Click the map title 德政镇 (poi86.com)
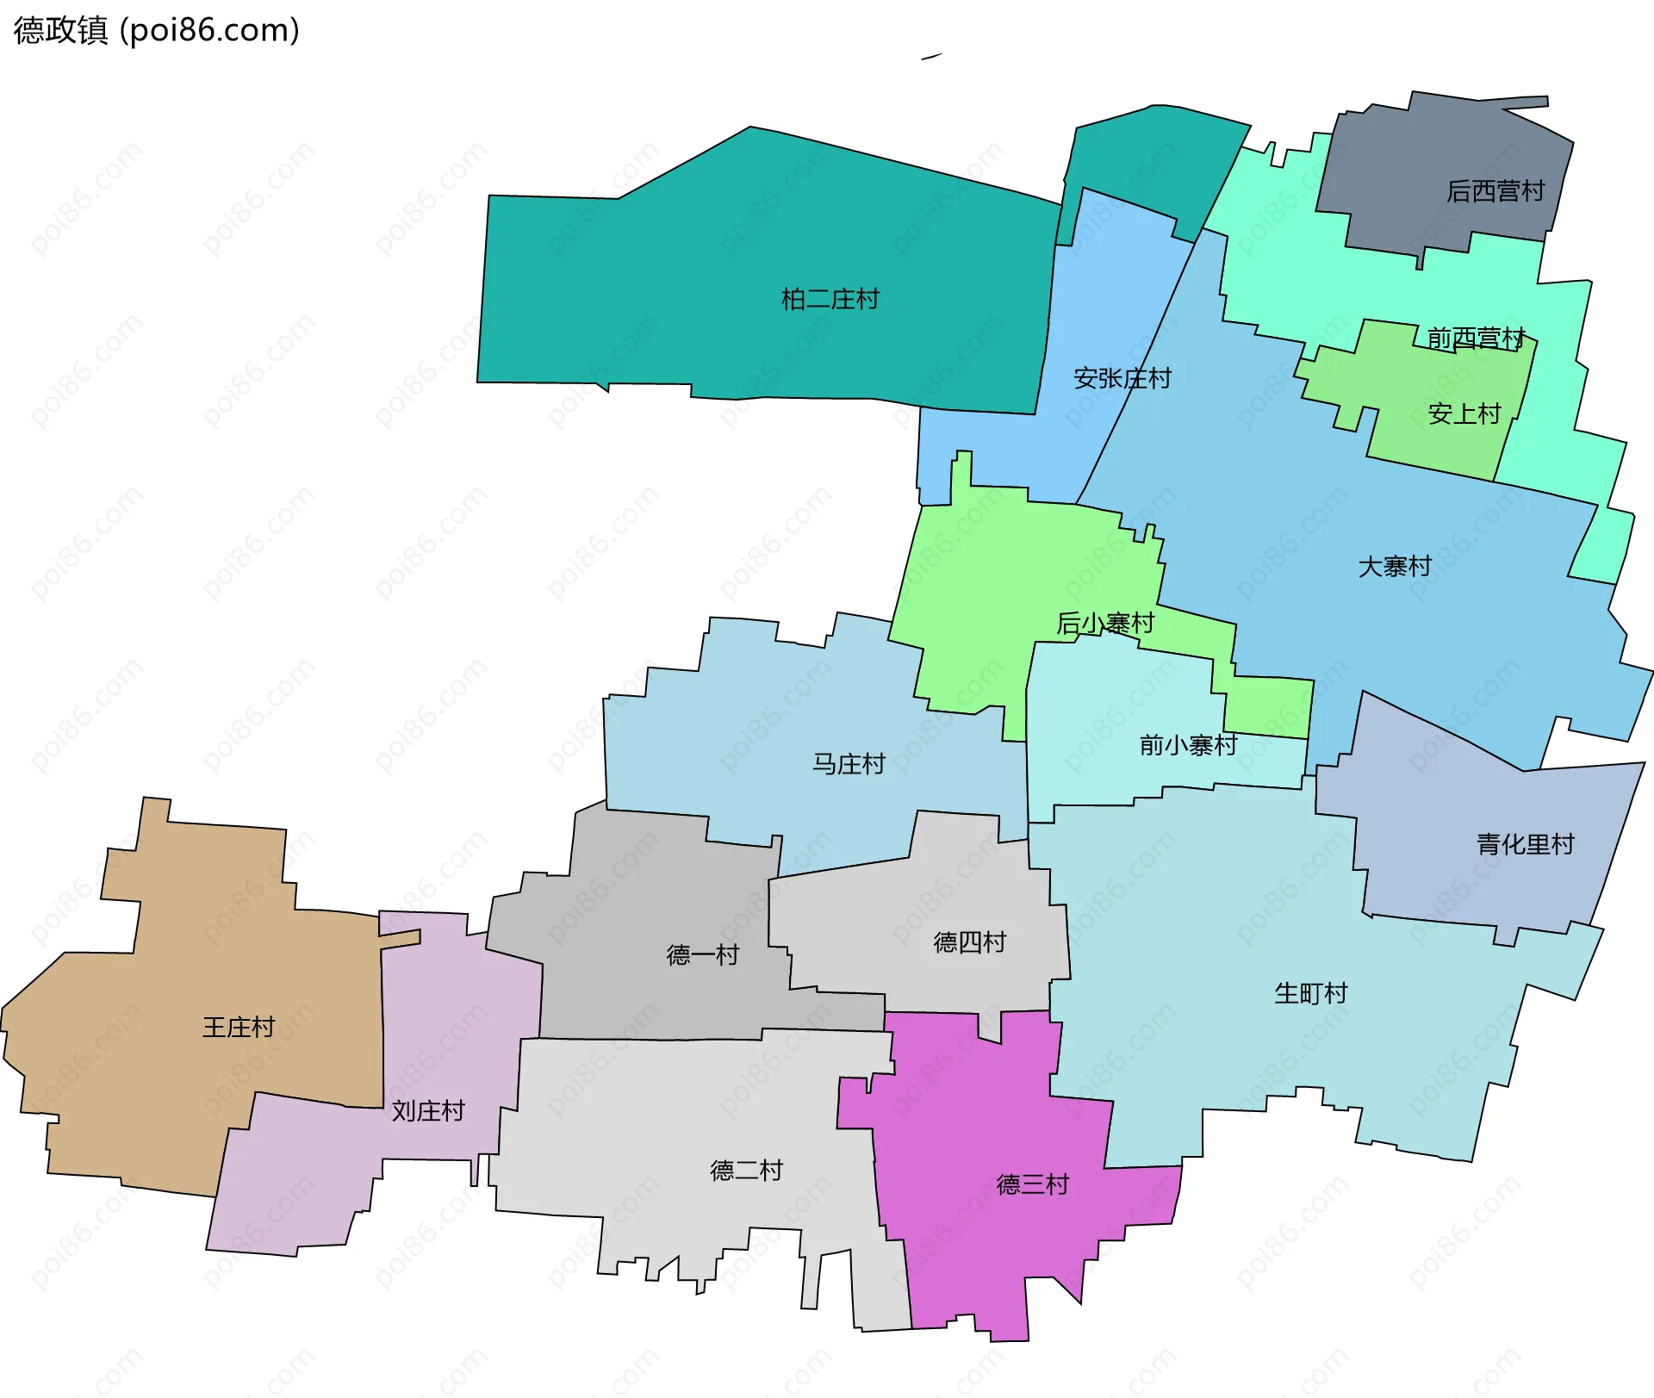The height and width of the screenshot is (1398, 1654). [x=156, y=30]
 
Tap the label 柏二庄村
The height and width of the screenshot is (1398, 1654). [x=830, y=299]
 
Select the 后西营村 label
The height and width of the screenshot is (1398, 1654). [x=1495, y=190]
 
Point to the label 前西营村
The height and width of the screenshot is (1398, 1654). [x=1476, y=338]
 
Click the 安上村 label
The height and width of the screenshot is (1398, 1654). [x=1464, y=413]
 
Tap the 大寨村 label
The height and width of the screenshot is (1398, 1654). [x=1394, y=566]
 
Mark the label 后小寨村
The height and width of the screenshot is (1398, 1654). [x=1105, y=623]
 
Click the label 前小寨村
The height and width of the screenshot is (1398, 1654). [x=1188, y=744]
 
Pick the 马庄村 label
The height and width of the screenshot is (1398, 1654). [x=849, y=763]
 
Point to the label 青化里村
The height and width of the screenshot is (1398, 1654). [x=1525, y=843]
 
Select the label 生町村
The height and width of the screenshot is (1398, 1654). [x=1310, y=993]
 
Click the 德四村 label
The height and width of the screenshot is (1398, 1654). [x=969, y=941]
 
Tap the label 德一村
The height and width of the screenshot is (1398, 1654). [x=702, y=954]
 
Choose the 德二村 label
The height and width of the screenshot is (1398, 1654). [x=746, y=1170]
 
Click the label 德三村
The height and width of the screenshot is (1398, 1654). [x=1032, y=1184]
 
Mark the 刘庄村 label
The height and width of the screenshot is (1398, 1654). [x=428, y=1110]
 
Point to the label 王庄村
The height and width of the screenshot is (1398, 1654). [x=238, y=1027]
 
